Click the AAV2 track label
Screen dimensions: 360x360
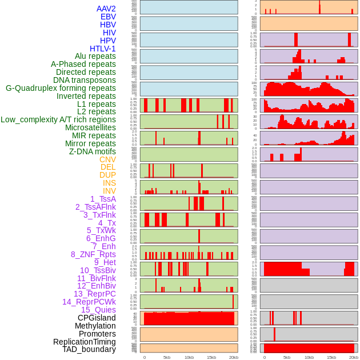point(106,9)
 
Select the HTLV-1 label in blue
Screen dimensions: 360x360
point(102,49)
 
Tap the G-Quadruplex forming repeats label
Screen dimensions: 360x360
point(61,88)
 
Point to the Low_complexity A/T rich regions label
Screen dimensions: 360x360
point(58,119)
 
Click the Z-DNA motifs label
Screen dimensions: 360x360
point(92,151)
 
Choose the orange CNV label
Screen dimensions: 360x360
point(107,159)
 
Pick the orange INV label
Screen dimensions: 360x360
point(109,191)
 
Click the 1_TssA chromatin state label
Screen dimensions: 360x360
point(103,199)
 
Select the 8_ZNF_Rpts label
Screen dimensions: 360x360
point(93,254)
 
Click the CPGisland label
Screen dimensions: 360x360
point(97,318)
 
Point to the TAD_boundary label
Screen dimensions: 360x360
point(89,349)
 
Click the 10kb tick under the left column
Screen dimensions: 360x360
point(189,357)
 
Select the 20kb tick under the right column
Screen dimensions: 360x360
point(354,357)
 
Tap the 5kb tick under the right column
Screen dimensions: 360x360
point(287,357)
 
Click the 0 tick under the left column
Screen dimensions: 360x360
point(145,357)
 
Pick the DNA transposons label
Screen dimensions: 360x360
point(84,80)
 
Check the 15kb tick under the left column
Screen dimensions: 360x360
point(211,357)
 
